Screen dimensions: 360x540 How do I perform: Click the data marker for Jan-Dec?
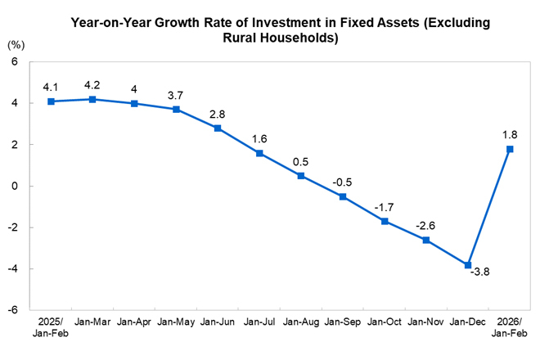point(468,265)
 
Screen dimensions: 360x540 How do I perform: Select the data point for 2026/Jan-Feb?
point(510,149)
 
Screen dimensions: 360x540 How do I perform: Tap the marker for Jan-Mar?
point(92,99)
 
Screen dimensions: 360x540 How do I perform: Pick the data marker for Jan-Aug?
point(301,176)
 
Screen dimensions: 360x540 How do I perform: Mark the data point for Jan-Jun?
point(218,128)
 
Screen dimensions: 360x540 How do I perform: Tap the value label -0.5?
point(343,180)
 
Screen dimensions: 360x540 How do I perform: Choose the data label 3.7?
point(176,93)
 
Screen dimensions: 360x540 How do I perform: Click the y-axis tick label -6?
point(15,310)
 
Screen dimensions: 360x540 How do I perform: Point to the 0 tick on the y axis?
point(17,186)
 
